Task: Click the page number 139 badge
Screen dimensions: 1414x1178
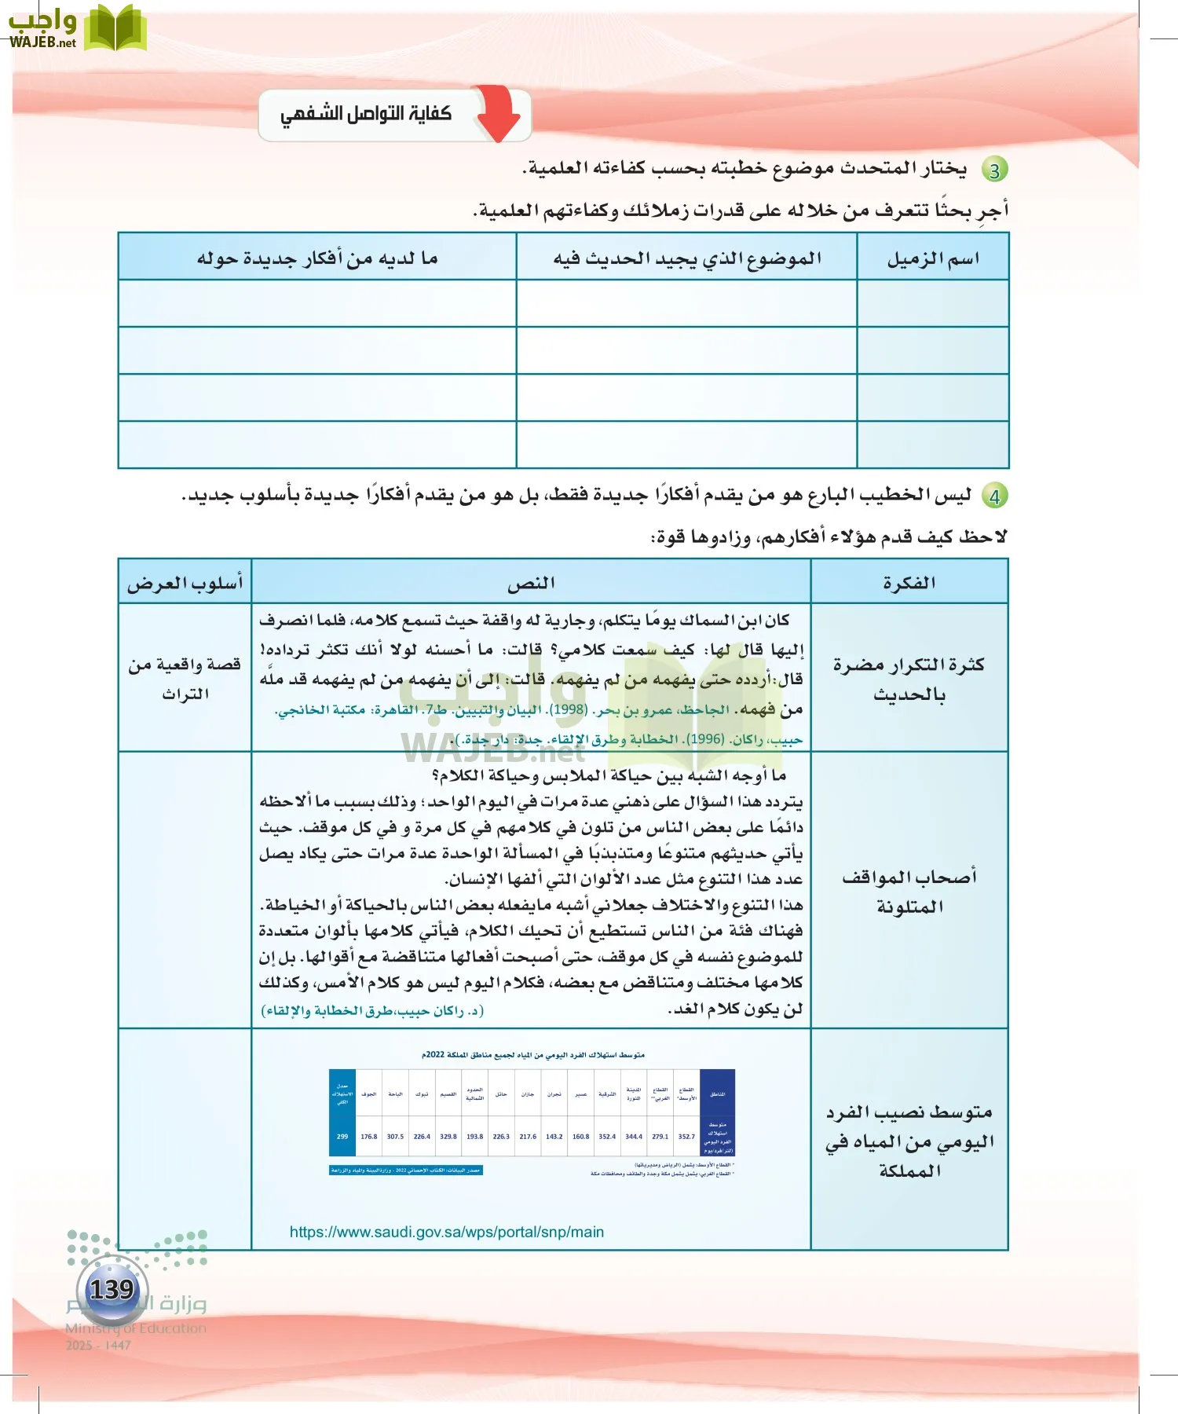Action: [112, 1289]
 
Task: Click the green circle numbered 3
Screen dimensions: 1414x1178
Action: [994, 170]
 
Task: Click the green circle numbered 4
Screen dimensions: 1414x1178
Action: [994, 496]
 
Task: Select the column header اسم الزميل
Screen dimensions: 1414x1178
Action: [933, 258]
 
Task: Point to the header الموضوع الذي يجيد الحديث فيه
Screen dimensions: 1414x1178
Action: [687, 258]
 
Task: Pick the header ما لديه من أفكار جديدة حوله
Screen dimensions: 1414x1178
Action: [317, 258]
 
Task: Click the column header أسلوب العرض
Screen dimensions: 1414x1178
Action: [185, 583]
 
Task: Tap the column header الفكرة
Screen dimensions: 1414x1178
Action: [909, 583]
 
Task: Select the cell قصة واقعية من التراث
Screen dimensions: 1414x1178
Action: [185, 679]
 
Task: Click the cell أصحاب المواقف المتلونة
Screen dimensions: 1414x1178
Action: [909, 892]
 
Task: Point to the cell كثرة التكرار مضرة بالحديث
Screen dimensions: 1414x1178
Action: [909, 679]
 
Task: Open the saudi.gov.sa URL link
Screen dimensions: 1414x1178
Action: [446, 1232]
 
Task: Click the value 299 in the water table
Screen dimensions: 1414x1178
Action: [342, 1136]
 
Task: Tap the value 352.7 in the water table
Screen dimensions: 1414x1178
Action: [686, 1136]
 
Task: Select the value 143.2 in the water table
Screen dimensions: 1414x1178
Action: [554, 1136]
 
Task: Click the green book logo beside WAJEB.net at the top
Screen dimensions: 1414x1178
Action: [115, 28]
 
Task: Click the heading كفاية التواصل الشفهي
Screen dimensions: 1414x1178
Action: [366, 115]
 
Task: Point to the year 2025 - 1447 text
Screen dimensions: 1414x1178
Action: [98, 1345]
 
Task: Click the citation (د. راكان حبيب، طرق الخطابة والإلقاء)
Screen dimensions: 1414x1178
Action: [372, 1010]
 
